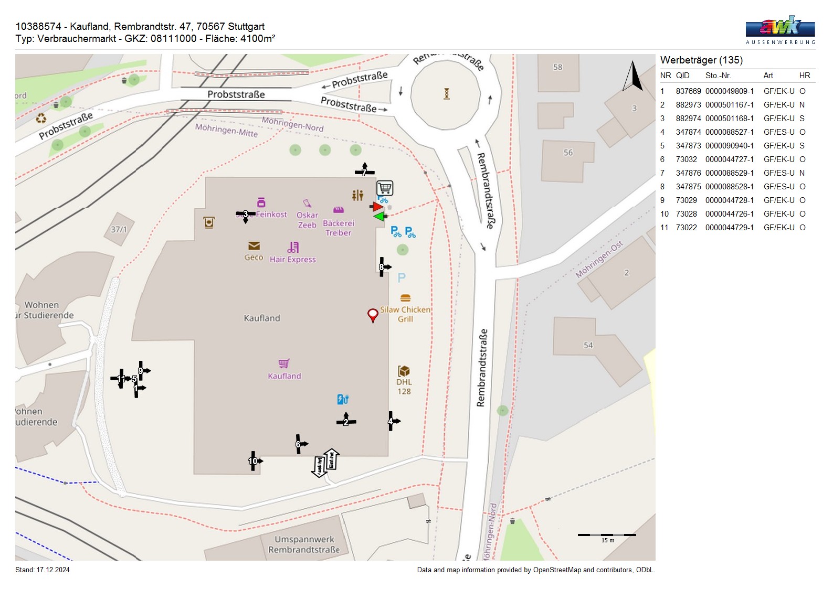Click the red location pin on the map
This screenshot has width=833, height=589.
coord(373,315)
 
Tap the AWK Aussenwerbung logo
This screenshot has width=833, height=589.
coord(780,29)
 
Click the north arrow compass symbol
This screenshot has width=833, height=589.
coord(633,77)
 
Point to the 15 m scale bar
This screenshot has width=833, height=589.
coord(607,535)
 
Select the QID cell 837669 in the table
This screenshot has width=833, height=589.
coord(688,91)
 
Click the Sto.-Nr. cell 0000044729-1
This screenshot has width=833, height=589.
coord(729,228)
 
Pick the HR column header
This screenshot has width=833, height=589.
coord(804,76)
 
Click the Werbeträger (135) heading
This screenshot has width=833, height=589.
coord(701,60)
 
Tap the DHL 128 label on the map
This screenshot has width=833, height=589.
coord(404,387)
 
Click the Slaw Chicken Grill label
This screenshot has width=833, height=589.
coord(405,314)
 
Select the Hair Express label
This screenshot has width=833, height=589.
coord(293,259)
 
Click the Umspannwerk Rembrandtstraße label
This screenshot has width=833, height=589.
coord(304,544)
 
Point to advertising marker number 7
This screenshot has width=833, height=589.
coord(364,172)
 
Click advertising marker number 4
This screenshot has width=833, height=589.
coord(391,421)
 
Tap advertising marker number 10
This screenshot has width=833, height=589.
coord(254,461)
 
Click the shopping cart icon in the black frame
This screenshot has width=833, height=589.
coord(385,188)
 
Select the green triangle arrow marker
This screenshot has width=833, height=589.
coord(379,217)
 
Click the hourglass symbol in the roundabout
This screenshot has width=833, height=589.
coord(447,94)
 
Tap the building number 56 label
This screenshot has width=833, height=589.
coord(568,153)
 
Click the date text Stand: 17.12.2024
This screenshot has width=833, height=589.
coord(43,570)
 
